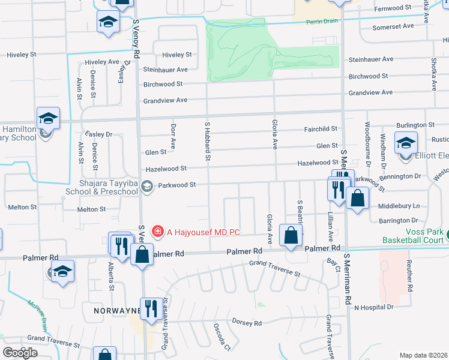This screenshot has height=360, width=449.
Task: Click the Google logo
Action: (20, 353)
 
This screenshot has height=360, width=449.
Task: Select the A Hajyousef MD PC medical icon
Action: (158, 231)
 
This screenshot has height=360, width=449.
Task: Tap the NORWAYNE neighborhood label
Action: (117, 311)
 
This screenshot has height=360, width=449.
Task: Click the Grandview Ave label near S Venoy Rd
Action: (165, 100)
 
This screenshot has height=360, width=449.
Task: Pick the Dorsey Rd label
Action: (247, 323)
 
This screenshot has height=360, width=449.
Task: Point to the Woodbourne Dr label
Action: (367, 145)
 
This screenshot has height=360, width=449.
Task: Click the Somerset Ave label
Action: (393, 26)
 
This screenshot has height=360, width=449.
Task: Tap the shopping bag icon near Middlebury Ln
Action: (358, 199)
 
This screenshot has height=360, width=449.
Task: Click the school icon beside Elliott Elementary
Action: (406, 144)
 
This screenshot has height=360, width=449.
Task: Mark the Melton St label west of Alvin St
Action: (22, 207)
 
